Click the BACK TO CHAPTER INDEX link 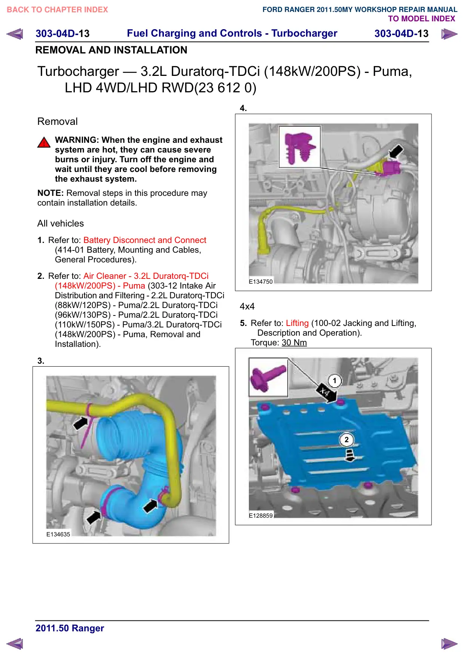[x=57, y=10]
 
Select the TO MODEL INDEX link [x=421, y=19]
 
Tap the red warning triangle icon [x=44, y=142]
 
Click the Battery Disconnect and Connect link [x=145, y=240]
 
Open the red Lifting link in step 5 [x=297, y=323]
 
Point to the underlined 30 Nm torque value [x=294, y=342]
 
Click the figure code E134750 [x=261, y=281]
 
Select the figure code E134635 [x=58, y=534]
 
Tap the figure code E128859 [x=261, y=515]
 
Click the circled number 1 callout [x=335, y=381]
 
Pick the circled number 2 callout [x=347, y=440]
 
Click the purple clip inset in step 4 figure [x=300, y=147]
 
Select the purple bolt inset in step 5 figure [x=268, y=377]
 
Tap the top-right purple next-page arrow [x=449, y=34]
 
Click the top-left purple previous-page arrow [x=15, y=34]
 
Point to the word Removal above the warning [x=58, y=121]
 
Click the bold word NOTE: [x=51, y=193]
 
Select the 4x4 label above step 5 [x=247, y=307]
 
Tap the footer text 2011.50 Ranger [x=70, y=628]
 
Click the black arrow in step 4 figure [x=396, y=151]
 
